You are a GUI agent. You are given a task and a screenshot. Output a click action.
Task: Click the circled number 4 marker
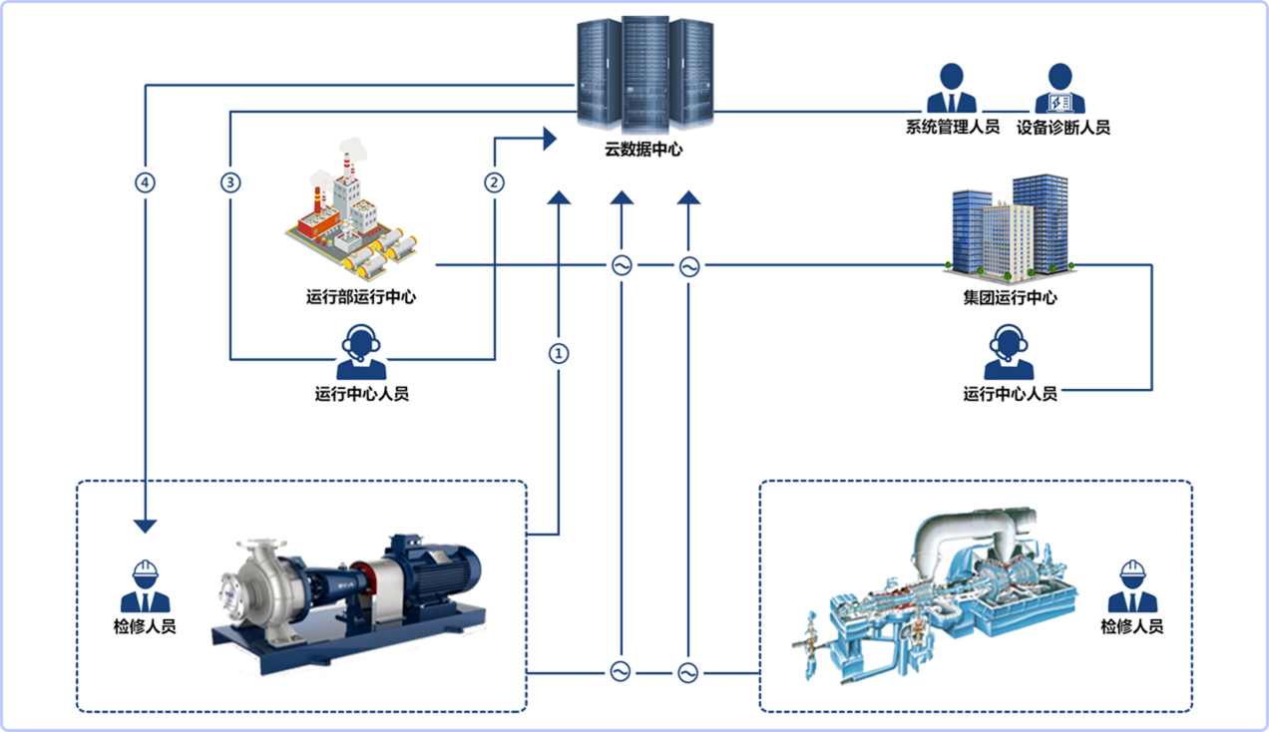(145, 183)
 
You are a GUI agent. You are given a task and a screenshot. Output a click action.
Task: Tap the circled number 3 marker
(230, 183)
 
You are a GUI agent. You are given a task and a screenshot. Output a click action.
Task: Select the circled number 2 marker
(494, 183)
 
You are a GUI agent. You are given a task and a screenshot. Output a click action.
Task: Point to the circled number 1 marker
(559, 354)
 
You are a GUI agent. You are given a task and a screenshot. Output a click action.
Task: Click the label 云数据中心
(643, 150)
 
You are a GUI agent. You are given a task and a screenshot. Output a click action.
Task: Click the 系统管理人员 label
(953, 127)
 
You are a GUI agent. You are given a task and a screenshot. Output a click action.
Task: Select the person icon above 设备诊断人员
(1059, 89)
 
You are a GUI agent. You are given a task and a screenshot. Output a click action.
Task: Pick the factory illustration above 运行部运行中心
(352, 209)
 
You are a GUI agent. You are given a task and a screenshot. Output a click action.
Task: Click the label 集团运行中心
(1010, 298)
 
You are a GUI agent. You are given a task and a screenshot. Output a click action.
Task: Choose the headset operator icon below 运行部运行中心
(361, 352)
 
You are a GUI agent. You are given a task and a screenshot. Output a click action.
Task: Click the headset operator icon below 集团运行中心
(1009, 352)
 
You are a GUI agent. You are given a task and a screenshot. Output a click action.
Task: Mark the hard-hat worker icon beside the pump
(145, 586)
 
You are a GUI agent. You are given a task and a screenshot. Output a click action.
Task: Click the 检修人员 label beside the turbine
(1132, 626)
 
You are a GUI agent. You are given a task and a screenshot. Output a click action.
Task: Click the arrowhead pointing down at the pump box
(145, 527)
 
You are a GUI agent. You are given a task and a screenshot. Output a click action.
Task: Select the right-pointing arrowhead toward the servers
(550, 139)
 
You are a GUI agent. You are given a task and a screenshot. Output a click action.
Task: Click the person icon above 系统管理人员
(952, 89)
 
